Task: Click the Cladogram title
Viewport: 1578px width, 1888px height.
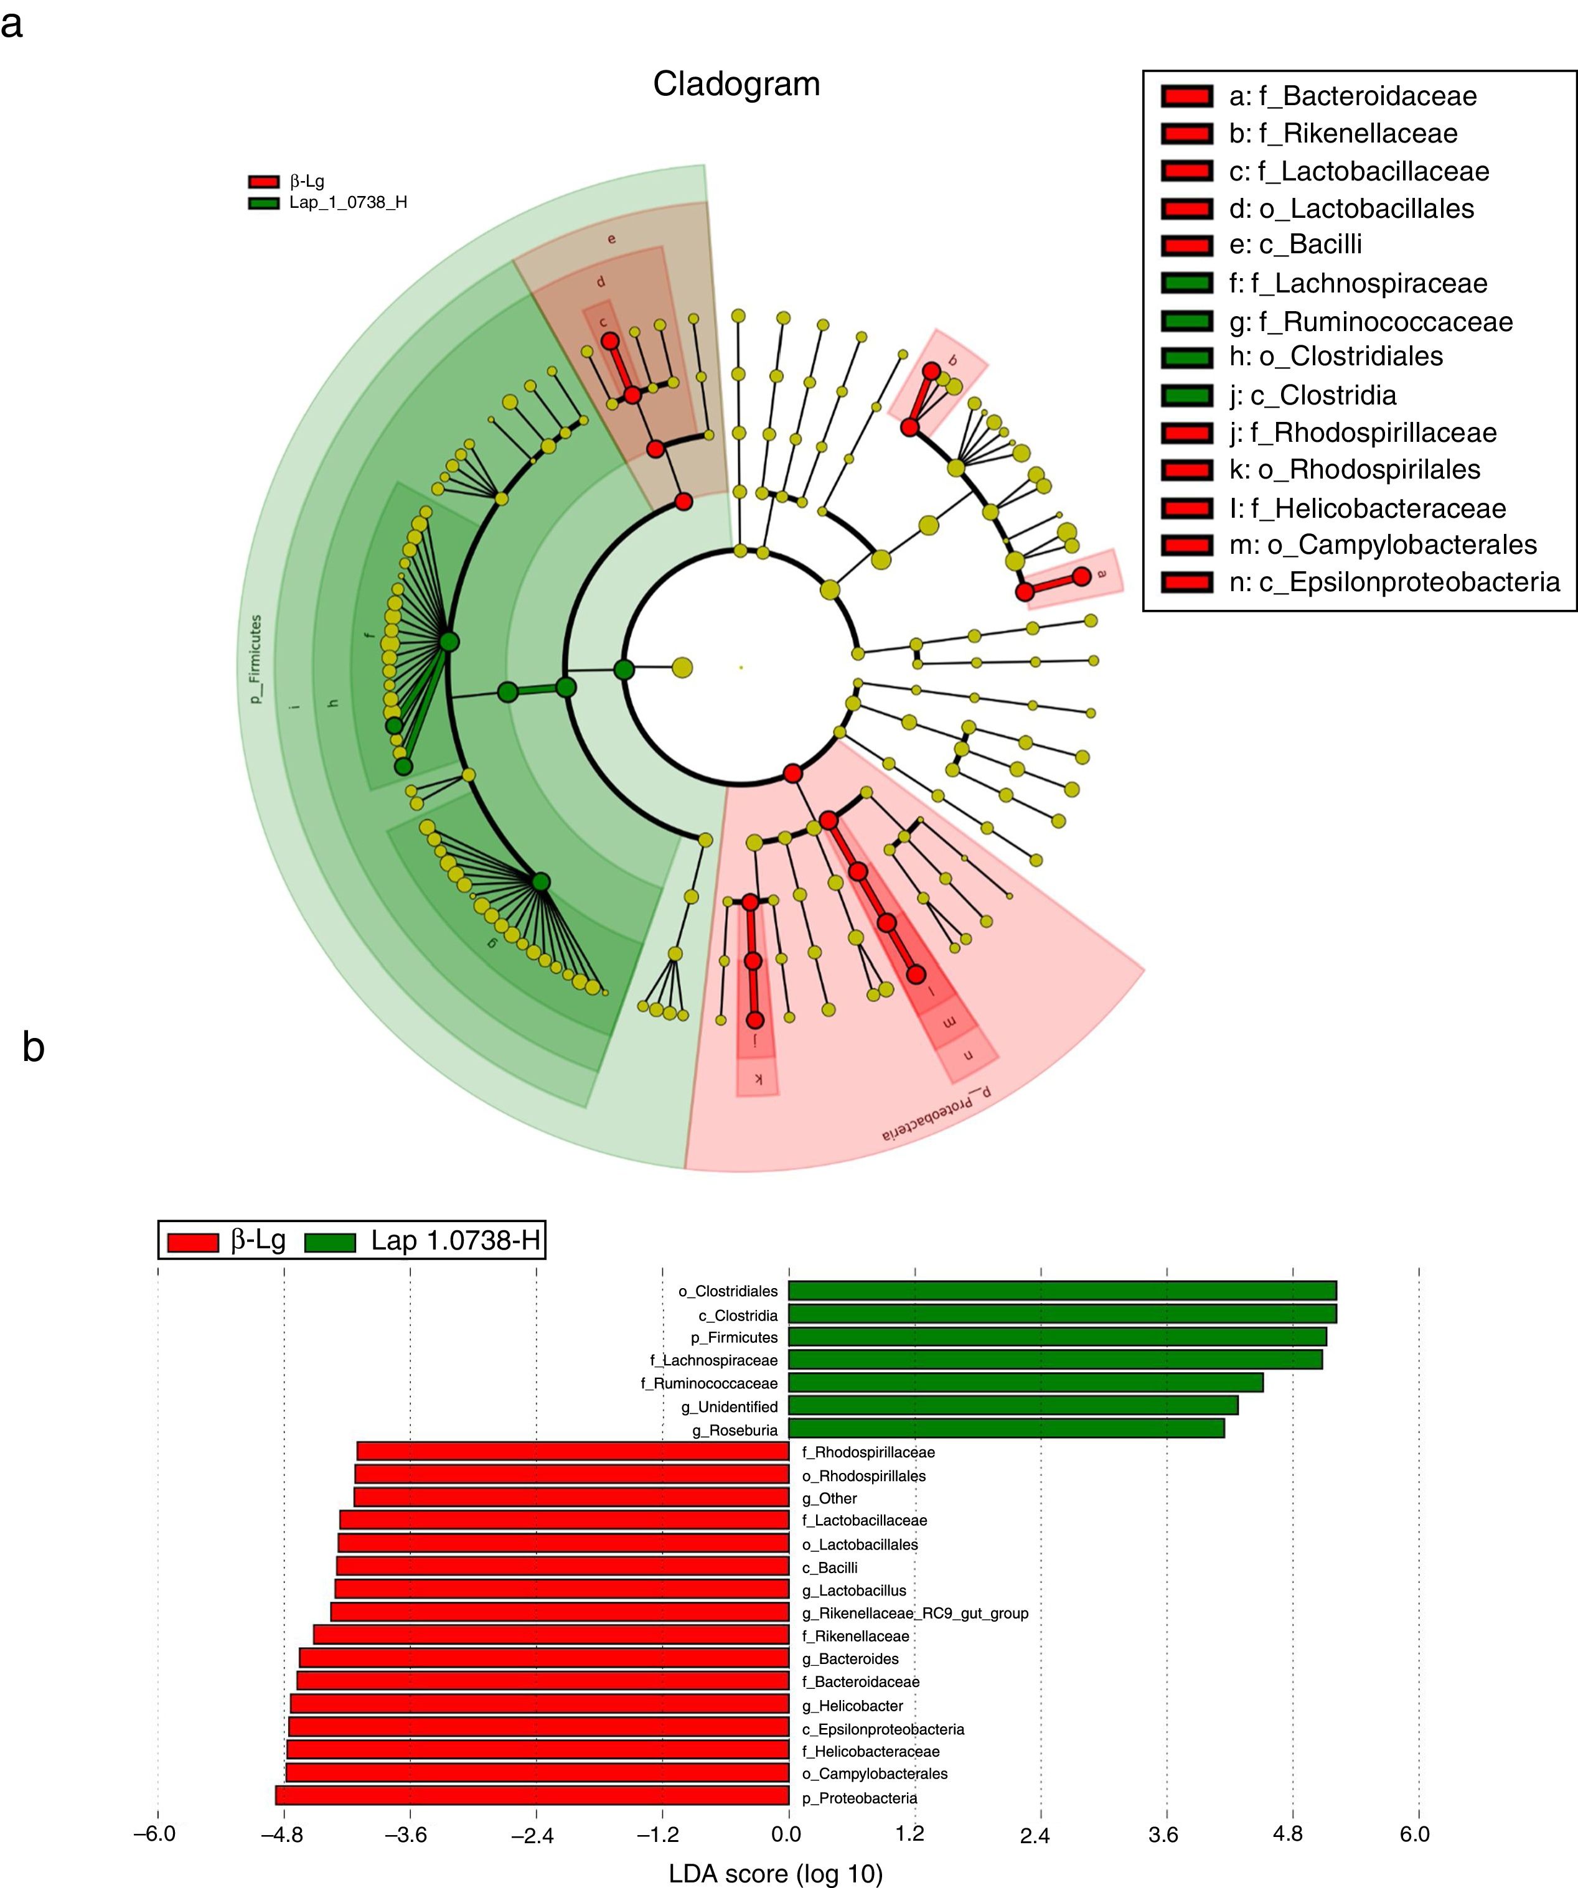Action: (736, 85)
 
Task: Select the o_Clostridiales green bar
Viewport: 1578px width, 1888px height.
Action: (1062, 1290)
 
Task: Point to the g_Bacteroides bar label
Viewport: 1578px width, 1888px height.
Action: (850, 1659)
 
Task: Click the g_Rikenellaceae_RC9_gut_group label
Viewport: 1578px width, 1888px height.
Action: (914, 1613)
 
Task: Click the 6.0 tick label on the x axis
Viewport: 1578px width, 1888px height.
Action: (1416, 1834)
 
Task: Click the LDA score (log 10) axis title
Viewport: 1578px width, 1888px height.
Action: (775, 1872)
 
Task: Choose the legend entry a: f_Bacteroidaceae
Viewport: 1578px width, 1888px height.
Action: (1352, 96)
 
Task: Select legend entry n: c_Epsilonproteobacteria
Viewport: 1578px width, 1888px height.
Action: (1394, 582)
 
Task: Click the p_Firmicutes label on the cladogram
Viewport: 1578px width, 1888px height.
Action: (256, 659)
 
